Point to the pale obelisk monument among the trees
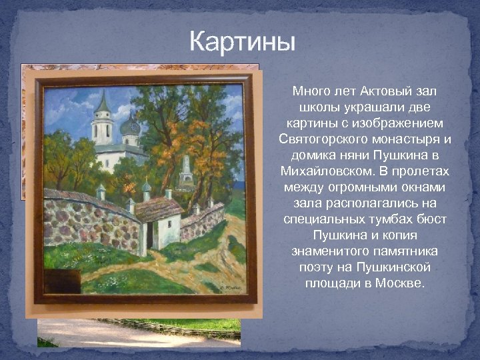[185, 167]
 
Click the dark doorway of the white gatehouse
[150, 235]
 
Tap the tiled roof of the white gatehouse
[159, 208]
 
